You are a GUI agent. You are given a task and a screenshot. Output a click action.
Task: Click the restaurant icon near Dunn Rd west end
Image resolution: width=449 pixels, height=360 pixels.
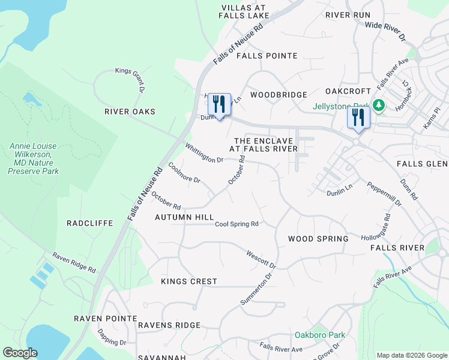pos(219,104)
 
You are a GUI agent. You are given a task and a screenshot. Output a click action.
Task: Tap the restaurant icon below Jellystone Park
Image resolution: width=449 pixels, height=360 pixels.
pos(358,117)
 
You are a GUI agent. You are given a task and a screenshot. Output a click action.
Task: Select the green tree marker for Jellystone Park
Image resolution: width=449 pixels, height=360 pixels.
pos(378,106)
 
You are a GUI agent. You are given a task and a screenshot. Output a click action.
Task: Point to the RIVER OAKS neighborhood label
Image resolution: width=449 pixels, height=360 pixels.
pos(130,112)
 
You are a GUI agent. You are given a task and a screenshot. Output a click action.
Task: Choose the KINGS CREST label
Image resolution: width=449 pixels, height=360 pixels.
pos(189,281)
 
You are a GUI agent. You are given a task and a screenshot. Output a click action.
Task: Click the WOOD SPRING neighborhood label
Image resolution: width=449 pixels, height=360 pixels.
pos(318,239)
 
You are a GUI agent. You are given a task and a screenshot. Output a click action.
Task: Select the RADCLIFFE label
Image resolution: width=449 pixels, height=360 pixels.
pos(90,223)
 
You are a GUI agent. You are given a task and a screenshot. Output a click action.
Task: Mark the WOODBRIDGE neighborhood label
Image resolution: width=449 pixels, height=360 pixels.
pos(279,95)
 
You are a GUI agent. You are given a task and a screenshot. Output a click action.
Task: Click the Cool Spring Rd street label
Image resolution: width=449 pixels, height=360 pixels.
pos(237,224)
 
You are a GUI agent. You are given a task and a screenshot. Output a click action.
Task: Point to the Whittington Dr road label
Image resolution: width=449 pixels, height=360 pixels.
pos(204,152)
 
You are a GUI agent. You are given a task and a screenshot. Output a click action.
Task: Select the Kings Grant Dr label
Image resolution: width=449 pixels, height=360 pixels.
pos(131,79)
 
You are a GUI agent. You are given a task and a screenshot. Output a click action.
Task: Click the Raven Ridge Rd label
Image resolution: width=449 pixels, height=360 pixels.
pos(74,262)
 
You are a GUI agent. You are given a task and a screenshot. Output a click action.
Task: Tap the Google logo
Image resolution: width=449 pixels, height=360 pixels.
pos(20,353)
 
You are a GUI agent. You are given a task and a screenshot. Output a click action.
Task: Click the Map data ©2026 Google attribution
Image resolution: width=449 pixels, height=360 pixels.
pos(411,355)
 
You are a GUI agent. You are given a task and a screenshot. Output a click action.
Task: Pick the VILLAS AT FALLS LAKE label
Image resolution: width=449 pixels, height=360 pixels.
pos(243,11)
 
